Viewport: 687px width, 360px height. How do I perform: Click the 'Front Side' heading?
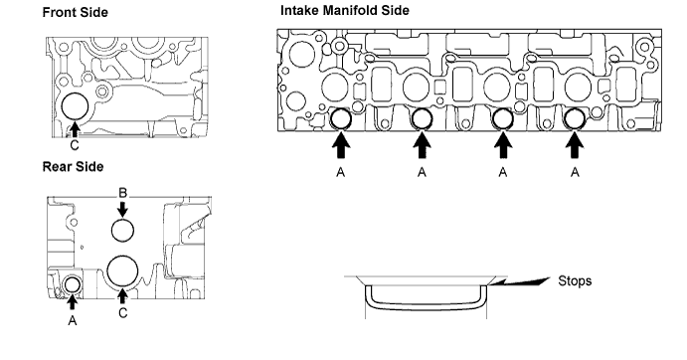coord(75,12)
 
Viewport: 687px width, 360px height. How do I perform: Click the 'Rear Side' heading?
coord(74,167)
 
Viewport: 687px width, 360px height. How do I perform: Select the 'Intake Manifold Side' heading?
coord(345,10)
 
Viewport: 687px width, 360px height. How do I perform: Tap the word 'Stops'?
coord(575,280)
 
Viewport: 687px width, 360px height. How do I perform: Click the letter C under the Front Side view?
coord(75,145)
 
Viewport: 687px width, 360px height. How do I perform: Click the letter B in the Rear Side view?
coord(122,193)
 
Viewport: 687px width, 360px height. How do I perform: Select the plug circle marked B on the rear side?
coord(122,230)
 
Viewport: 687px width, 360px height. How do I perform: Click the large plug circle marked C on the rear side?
coord(122,270)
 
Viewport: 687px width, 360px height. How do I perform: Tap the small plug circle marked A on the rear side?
coord(73,285)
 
